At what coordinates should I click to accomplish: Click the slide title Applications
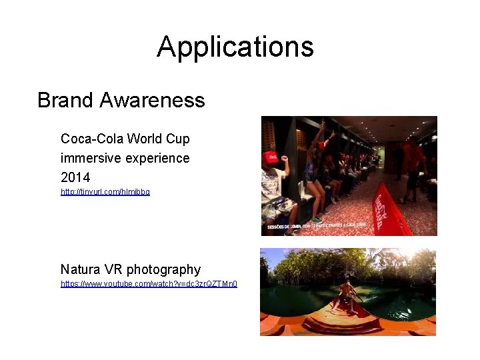235,47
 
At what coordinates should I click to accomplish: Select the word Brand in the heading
65,100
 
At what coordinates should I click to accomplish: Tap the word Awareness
152,100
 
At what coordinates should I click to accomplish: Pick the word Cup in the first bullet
178,139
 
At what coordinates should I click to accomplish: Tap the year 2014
75,177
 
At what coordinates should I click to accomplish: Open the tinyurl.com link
105,191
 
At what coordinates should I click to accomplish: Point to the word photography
163,269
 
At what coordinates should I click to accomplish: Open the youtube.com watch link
149,283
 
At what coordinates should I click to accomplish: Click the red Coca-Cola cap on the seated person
271,157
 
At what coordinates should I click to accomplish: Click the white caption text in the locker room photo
317,226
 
